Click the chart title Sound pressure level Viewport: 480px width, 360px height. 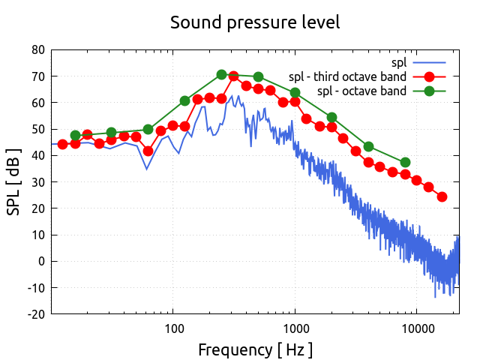click(255, 22)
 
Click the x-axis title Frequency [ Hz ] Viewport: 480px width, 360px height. click(255, 349)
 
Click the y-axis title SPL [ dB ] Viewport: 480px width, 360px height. click(14, 182)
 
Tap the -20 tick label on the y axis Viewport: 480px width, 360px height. click(35, 314)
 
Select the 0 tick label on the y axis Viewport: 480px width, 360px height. click(41, 261)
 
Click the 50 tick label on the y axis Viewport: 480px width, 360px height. click(37, 129)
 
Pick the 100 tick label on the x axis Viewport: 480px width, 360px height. click(173, 328)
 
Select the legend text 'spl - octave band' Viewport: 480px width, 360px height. click(361, 91)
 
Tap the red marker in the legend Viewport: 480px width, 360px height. click(429, 76)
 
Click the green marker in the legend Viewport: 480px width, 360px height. click(429, 91)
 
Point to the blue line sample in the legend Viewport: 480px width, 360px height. click(429, 61)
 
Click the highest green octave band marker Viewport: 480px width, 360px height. click(221, 75)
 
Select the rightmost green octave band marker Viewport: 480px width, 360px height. click(405, 163)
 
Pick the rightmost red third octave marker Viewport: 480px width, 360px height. click(442, 197)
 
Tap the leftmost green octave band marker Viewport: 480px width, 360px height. click(75, 136)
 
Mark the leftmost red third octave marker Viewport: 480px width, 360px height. click(63, 144)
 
